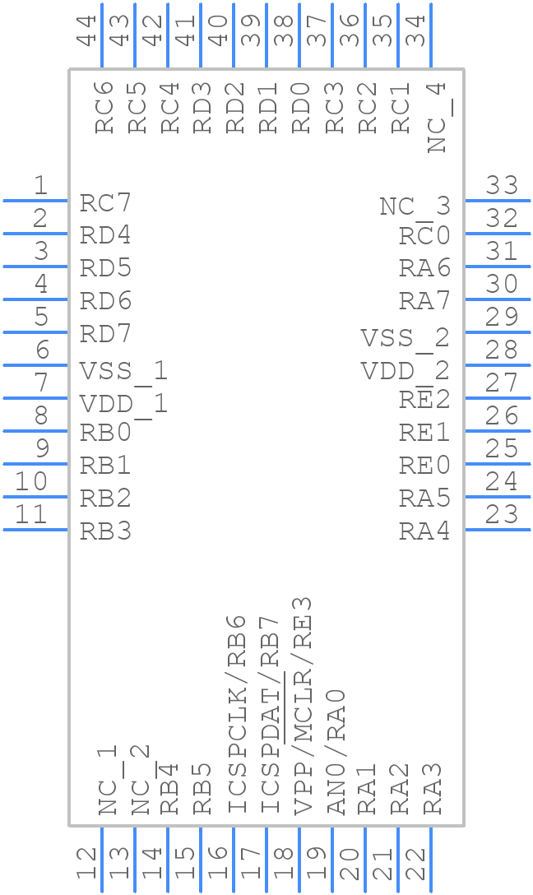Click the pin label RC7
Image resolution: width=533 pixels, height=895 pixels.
point(105,202)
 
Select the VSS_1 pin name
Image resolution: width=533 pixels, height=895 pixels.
point(123,371)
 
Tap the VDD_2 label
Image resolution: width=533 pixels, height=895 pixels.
point(405,371)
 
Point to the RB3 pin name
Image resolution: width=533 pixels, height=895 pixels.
point(105,531)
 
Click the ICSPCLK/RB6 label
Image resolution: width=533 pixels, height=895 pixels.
point(236,713)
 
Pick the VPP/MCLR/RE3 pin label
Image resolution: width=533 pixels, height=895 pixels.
point(303,705)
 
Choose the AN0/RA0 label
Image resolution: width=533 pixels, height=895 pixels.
point(336,751)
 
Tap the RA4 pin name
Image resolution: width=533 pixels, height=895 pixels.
point(424,531)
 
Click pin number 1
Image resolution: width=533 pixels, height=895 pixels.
point(39,186)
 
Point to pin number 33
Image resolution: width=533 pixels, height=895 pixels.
point(502,186)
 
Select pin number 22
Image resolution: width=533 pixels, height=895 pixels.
point(416,865)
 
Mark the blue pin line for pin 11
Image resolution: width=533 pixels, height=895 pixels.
point(35,529)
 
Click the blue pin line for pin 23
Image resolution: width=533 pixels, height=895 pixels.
point(497,529)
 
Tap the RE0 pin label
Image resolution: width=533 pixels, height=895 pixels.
point(424,466)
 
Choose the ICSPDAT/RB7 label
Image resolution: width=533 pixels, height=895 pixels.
point(269,713)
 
